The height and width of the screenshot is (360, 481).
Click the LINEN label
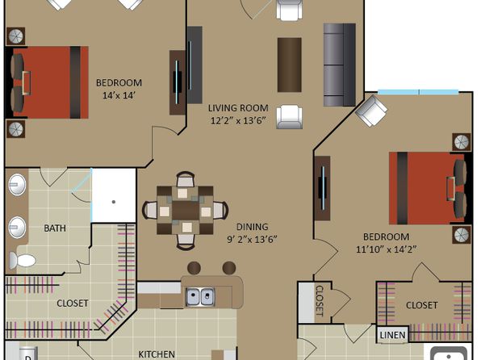(392, 335)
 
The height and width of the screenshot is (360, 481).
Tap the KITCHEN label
(157, 354)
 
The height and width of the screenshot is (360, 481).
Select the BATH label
(55, 228)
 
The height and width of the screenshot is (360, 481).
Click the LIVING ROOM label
(238, 108)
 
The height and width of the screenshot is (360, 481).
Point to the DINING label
(252, 227)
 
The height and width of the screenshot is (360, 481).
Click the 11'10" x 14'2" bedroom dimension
(387, 249)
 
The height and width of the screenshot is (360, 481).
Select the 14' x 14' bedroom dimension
(119, 95)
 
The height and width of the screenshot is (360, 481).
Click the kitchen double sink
(200, 297)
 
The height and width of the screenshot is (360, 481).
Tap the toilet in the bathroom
(22, 261)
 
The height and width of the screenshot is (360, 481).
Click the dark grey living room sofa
(340, 65)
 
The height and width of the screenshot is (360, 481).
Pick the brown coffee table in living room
(289, 65)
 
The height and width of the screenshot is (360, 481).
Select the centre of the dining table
(186, 211)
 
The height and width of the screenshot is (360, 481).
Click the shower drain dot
(114, 202)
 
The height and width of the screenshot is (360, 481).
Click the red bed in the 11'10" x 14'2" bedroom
(427, 188)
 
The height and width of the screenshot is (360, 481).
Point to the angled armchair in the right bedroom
(371, 111)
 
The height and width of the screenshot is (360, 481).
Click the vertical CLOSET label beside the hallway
(320, 301)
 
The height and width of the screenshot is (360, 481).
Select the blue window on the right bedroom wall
(418, 92)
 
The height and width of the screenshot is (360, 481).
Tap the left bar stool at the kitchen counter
(194, 268)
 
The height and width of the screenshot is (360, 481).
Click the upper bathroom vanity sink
(17, 185)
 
